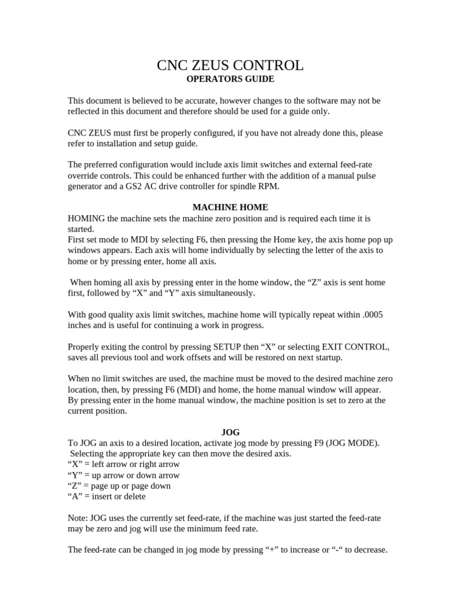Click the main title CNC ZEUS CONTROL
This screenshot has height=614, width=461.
230,65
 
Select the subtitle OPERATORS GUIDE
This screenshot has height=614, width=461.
230,79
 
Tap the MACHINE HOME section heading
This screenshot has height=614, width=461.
230,207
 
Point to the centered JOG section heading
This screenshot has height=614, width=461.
230,432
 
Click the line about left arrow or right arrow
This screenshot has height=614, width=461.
124,464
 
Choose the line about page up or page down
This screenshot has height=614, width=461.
119,486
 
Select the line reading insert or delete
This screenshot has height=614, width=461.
107,496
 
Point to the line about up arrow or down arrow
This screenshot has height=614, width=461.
124,475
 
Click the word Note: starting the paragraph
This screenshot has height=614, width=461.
78,517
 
